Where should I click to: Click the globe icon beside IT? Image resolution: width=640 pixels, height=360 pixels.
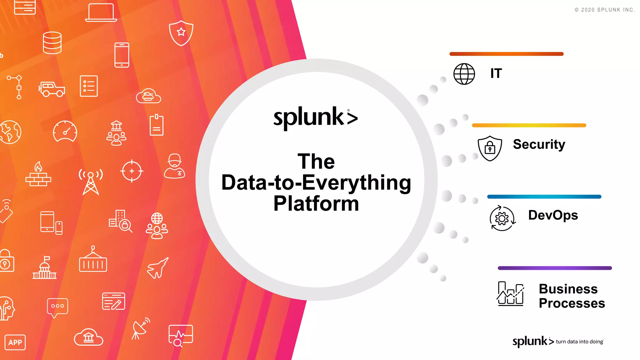464,74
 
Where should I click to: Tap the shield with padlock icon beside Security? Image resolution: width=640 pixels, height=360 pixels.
490,148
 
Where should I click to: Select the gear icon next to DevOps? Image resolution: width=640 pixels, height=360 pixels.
502,218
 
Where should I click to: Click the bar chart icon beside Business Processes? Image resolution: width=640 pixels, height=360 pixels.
510,293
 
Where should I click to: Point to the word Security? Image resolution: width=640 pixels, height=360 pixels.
539,144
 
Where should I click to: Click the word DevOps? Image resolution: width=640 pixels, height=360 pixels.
553,215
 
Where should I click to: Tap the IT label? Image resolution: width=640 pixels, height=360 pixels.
496,73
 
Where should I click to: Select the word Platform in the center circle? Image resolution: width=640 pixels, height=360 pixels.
316,204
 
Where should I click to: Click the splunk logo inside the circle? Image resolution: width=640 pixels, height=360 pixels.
315,118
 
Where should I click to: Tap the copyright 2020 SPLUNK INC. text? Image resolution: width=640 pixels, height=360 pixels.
604,10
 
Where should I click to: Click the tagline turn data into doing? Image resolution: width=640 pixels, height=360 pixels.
579,342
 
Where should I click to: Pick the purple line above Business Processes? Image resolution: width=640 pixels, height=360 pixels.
555,268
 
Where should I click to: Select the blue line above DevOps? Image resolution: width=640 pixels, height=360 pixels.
544,197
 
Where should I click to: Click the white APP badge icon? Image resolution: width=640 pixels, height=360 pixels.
15,342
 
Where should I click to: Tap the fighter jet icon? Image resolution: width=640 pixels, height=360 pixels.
158,268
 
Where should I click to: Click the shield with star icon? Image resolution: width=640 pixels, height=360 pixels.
181,33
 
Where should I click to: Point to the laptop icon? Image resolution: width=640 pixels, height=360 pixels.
101,13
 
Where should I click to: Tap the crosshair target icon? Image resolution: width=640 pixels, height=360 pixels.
132,171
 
